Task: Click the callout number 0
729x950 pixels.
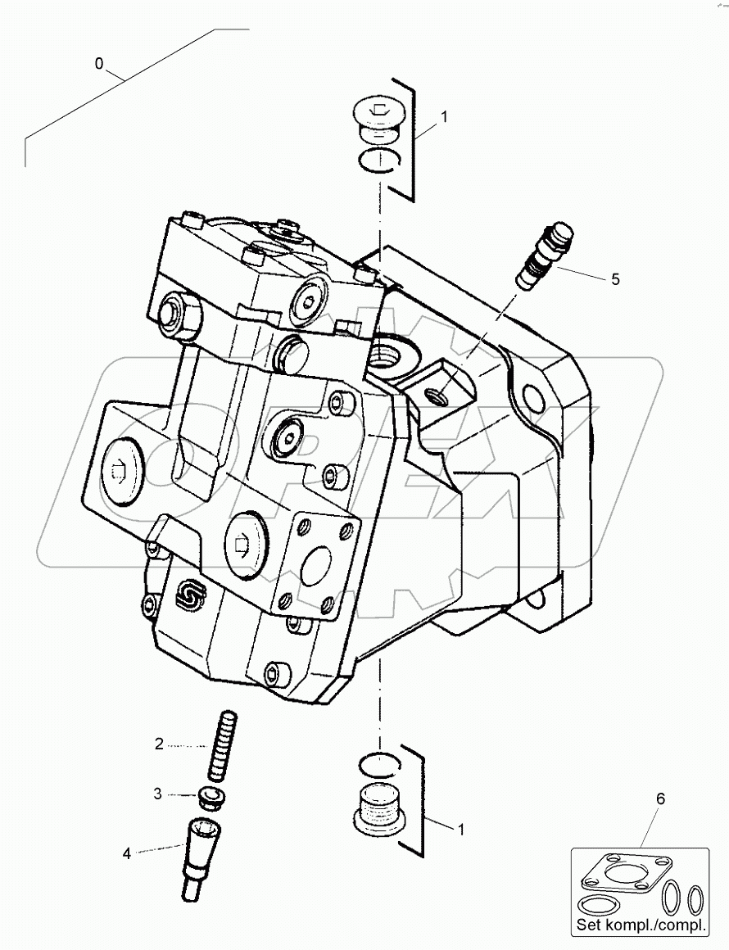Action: pyautogui.click(x=99, y=64)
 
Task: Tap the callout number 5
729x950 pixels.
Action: pyautogui.click(x=615, y=279)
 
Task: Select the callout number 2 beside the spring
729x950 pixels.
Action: pyautogui.click(x=159, y=744)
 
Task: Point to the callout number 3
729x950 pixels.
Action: pyautogui.click(x=159, y=794)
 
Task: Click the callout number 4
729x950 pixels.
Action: pyautogui.click(x=127, y=853)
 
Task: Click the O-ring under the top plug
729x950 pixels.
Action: pyautogui.click(x=378, y=161)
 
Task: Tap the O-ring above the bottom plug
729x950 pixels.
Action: pyautogui.click(x=379, y=761)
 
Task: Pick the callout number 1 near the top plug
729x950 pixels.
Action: pyautogui.click(x=444, y=117)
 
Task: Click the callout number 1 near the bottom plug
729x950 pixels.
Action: pyautogui.click(x=460, y=830)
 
